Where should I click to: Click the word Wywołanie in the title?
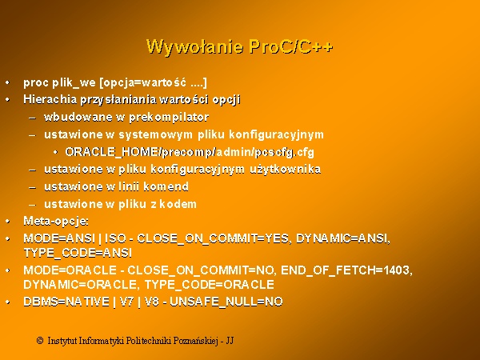(x=195, y=47)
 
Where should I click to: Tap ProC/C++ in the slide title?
(x=291, y=46)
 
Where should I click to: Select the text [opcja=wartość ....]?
(x=154, y=82)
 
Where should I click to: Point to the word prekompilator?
(x=169, y=118)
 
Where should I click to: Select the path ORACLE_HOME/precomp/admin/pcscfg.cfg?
(x=190, y=152)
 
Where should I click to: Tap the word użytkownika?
(x=286, y=170)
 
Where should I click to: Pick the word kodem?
(x=178, y=204)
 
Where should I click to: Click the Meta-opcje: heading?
(x=56, y=221)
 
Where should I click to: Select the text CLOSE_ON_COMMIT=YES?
(x=213, y=238)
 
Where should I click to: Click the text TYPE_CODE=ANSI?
(x=78, y=253)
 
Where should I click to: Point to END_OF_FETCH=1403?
(x=347, y=270)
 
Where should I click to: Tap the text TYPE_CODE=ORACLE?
(x=210, y=285)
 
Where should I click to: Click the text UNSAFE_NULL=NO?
(x=226, y=302)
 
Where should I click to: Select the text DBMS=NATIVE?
(x=66, y=302)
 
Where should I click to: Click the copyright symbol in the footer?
(x=40, y=341)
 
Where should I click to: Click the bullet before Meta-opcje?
(x=8, y=222)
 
